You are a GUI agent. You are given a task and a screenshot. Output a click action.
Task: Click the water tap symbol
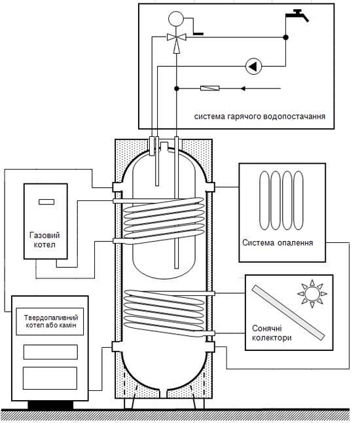(x=297, y=15)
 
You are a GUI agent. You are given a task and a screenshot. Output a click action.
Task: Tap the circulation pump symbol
(x=253, y=66)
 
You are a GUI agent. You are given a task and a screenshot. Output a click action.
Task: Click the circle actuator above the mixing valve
(x=176, y=19)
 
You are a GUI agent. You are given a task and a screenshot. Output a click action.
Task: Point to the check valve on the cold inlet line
(x=210, y=88)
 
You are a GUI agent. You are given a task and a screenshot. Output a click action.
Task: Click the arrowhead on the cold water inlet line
(x=243, y=88)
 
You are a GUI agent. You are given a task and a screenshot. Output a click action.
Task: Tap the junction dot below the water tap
(x=286, y=37)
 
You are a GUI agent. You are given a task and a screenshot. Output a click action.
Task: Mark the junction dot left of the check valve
(x=176, y=88)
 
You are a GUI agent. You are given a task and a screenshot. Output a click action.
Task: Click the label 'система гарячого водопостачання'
(x=260, y=117)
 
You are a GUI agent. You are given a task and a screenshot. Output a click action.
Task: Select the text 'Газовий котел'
(x=45, y=240)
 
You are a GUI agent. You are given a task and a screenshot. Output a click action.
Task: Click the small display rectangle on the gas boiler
(x=46, y=202)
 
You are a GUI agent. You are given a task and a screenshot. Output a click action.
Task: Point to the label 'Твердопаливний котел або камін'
(x=51, y=322)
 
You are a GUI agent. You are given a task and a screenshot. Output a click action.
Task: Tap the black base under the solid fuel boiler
(x=50, y=405)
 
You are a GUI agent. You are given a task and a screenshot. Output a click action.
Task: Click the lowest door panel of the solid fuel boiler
(x=50, y=378)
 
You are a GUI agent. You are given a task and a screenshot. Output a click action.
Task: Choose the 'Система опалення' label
(x=278, y=242)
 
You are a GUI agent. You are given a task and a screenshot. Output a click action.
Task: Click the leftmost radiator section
(x=264, y=200)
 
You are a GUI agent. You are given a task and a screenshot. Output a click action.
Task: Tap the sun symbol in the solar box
(x=312, y=294)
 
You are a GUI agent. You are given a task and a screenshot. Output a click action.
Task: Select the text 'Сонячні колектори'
(x=272, y=333)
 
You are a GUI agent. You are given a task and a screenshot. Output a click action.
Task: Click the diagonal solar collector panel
(x=288, y=312)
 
